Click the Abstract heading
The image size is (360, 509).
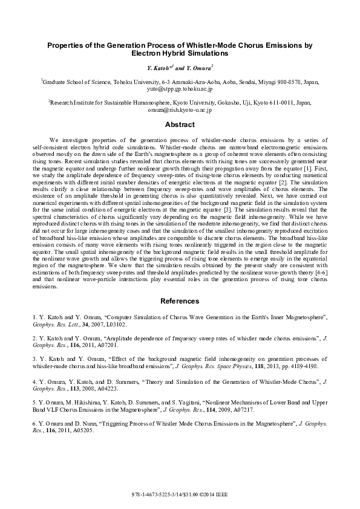pos(180,125)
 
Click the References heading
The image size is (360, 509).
pos(180,301)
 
